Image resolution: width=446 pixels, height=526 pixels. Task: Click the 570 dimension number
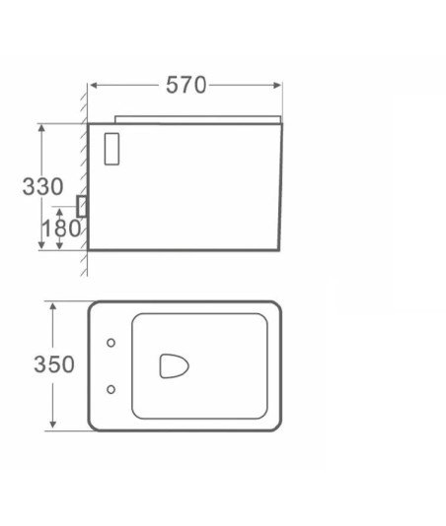[x=186, y=85]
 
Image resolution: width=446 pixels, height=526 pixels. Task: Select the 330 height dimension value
[x=42, y=186]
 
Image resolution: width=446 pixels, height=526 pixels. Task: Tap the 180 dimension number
[x=61, y=229]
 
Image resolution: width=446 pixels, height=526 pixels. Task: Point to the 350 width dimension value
[x=53, y=364]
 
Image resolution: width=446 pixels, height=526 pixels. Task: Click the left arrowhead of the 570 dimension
[x=94, y=86]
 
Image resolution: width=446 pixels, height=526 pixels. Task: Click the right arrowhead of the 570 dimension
[x=277, y=86]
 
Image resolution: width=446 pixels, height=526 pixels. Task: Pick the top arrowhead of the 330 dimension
[x=41, y=128]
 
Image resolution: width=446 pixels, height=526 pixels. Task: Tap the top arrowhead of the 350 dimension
[x=53, y=306]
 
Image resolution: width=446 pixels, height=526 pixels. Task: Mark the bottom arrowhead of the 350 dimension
[x=53, y=425]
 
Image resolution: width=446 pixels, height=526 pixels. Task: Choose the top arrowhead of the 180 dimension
[x=60, y=212]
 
